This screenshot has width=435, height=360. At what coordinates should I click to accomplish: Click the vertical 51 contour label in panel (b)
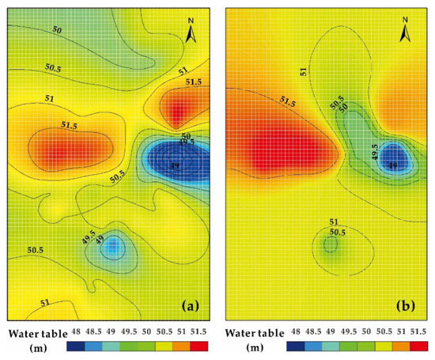click(x=305, y=72)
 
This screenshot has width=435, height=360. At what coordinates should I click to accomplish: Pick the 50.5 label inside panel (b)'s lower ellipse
click(x=338, y=233)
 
